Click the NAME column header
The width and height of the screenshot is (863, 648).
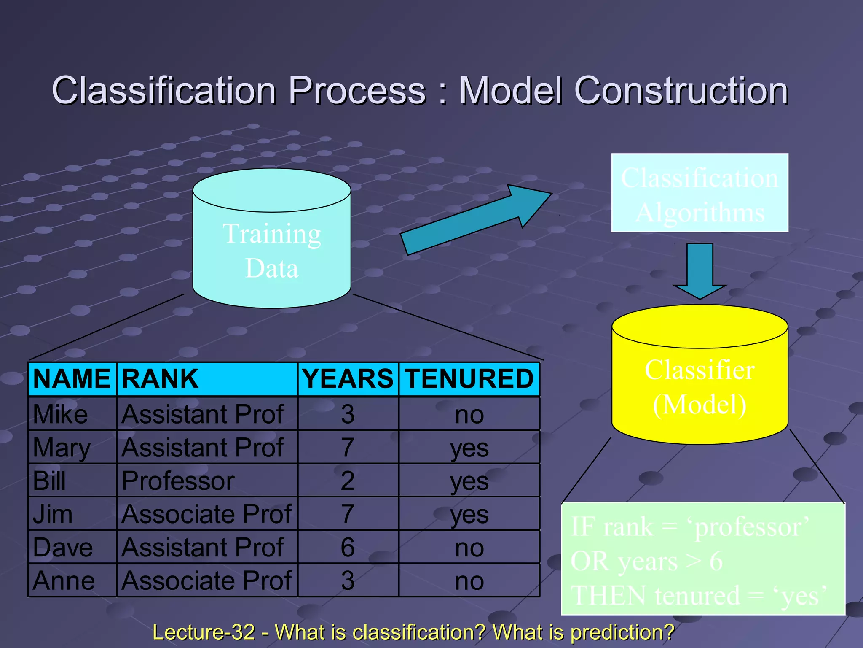pos(72,378)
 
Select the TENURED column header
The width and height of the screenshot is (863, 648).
pos(469,378)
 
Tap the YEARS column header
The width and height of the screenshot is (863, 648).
pos(348,378)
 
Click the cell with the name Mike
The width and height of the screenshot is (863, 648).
pos(61,414)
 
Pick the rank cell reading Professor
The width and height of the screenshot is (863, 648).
pos(178,481)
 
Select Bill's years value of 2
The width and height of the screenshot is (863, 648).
pos(348,481)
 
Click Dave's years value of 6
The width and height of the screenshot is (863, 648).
pos(348,547)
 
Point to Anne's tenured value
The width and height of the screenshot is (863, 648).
pos(469,581)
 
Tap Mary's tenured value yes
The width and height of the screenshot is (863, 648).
pos(469,448)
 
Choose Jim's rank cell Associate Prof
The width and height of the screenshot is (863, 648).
pos(206,514)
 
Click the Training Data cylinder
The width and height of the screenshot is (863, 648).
pos(272,251)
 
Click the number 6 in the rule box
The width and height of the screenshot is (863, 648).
pos(716,562)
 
